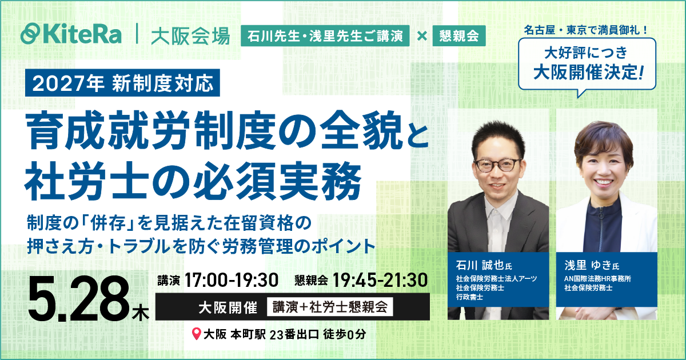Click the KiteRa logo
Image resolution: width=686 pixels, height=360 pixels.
coord(71,34)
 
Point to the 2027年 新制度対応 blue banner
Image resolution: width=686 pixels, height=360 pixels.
coord(123,83)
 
